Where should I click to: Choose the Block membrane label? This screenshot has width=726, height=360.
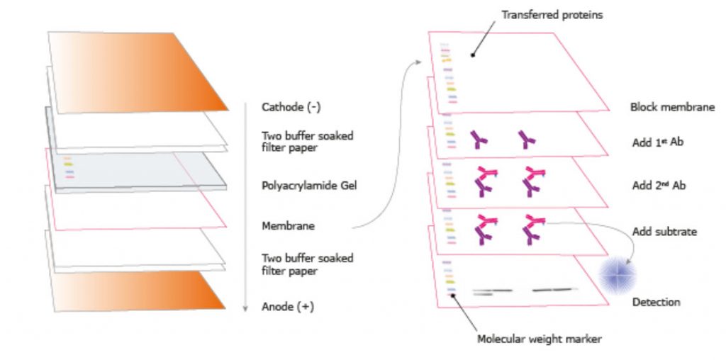tap(671, 108)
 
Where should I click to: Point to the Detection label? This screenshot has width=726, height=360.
tap(656, 303)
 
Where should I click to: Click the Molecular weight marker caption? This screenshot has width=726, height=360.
tap(539, 339)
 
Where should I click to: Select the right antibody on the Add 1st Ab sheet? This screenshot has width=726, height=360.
tap(526, 140)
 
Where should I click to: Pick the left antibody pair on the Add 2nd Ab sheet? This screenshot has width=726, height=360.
tap(483, 181)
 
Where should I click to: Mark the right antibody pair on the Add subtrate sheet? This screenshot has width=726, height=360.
tap(532, 229)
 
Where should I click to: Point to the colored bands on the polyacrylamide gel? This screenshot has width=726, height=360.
tap(69, 167)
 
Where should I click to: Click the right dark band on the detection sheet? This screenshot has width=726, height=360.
tap(554, 289)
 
